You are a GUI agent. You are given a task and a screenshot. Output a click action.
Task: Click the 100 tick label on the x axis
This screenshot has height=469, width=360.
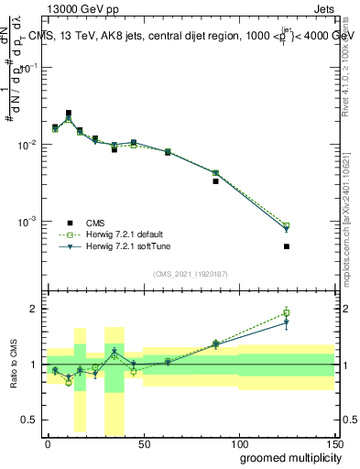coord(239,442)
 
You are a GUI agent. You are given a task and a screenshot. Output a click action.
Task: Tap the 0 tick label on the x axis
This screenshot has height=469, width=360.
coord(48,442)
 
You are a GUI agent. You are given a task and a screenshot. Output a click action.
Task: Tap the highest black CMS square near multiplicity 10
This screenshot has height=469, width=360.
coord(69,114)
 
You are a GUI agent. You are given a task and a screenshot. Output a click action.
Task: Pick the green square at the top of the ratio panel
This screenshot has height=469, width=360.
coord(287,312)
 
